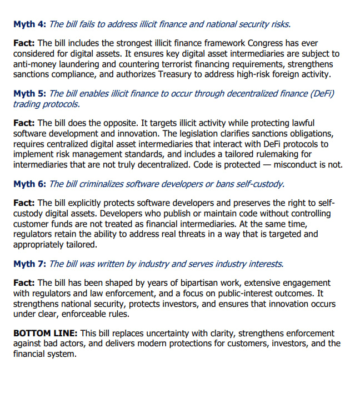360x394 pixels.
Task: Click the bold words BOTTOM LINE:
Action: click(x=46, y=334)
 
